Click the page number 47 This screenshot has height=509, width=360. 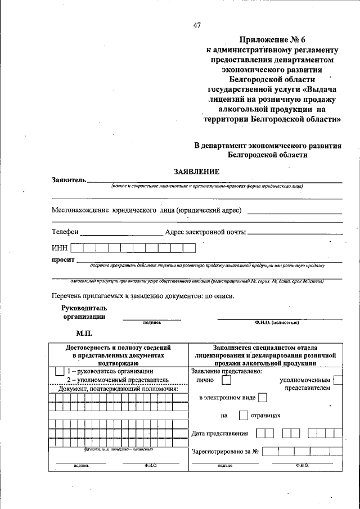click(197, 25)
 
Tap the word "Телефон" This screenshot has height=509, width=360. click(65, 232)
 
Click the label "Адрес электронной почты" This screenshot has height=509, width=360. click(205, 232)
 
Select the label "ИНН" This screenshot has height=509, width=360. click(60, 247)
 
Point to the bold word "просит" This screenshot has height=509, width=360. click(63, 260)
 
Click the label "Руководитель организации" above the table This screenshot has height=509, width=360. click(84, 312)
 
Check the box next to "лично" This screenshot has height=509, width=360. click(226, 381)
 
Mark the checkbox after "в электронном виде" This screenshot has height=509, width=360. click(262, 398)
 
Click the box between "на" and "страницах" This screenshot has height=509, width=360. click(243, 416)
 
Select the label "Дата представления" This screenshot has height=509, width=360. click(219, 433)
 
